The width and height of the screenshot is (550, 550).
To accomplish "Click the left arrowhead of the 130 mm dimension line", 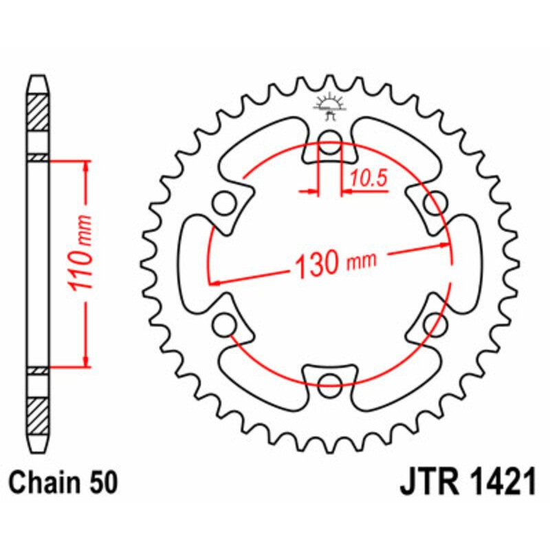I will click(x=215, y=281).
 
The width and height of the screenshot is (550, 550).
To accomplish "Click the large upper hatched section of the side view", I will click(x=38, y=111).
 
